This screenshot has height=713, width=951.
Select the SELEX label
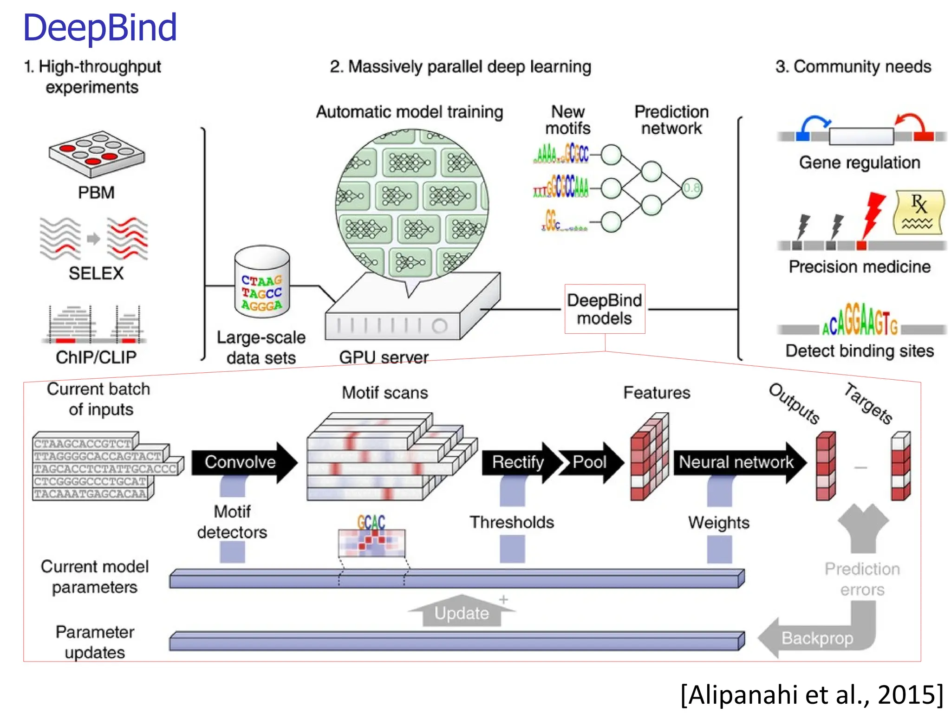(x=96, y=273)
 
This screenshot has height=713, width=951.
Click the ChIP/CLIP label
(x=96, y=357)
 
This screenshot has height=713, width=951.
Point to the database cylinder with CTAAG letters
(x=262, y=283)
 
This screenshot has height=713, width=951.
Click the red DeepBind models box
(x=604, y=309)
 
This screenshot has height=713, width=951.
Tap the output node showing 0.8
(x=691, y=188)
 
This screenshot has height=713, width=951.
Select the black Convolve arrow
(x=241, y=462)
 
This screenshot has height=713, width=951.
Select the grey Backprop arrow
(x=817, y=638)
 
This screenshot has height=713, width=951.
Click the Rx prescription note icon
(x=918, y=212)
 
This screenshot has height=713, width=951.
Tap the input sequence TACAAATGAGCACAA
(x=91, y=494)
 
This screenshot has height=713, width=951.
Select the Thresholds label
(x=512, y=522)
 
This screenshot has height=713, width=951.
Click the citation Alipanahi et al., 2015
(x=812, y=695)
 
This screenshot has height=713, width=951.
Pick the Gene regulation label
(x=860, y=162)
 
